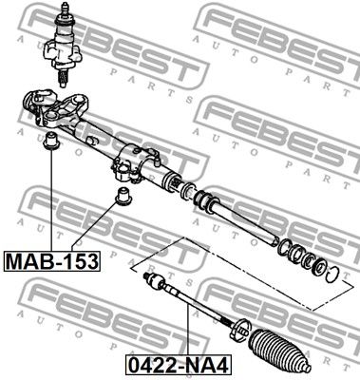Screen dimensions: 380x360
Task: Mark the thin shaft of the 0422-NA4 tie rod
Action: point(195,304)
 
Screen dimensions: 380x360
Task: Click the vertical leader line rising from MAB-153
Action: point(49,199)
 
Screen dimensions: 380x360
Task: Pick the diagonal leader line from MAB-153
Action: point(95,228)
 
